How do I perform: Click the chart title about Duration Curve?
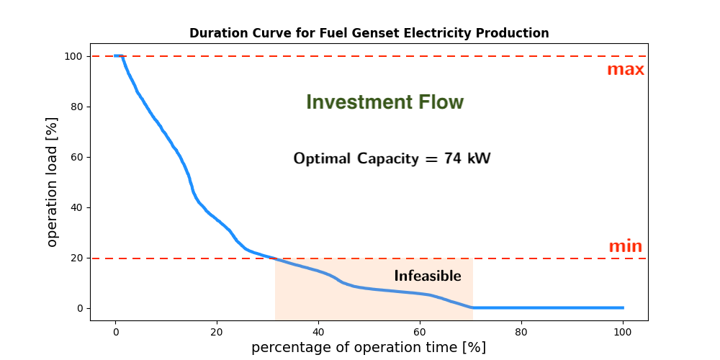tap(369, 34)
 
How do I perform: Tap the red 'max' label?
tap(626, 70)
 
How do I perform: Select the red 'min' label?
tap(626, 246)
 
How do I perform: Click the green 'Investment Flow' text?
tap(384, 102)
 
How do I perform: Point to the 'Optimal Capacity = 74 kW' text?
tap(392, 159)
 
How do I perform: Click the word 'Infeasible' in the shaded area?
tap(428, 276)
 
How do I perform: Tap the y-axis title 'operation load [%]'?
tap(53, 182)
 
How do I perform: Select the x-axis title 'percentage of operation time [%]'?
tap(368, 347)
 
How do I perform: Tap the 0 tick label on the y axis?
tap(79, 309)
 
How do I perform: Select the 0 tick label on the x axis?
tap(116, 331)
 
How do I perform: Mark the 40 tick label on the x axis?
tap(319, 331)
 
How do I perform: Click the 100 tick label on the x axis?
tap(623, 331)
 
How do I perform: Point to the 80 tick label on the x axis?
tap(521, 331)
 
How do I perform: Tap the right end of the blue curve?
tap(623, 307)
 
